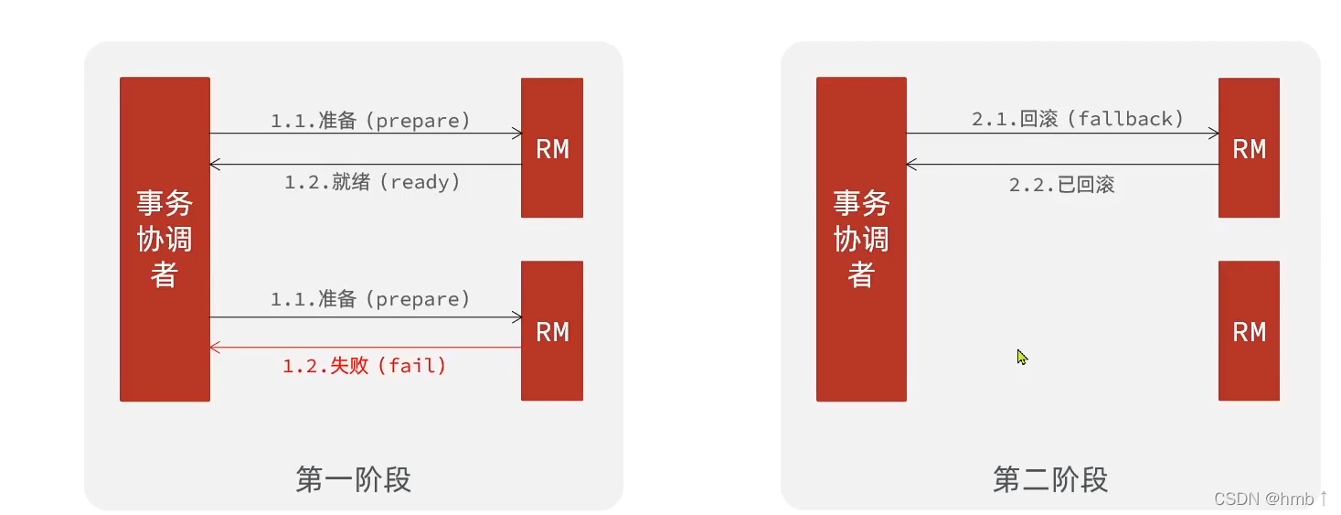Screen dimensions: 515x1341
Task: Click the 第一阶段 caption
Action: point(353,479)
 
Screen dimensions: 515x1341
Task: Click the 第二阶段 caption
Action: point(1050,479)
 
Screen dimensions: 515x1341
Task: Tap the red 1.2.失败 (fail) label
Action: point(365,366)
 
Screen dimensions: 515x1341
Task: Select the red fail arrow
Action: point(366,348)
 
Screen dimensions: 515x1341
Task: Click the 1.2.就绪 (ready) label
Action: point(372,182)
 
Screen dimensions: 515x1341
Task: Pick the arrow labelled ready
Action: point(366,165)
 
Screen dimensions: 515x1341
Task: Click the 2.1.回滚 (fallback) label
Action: point(1078,119)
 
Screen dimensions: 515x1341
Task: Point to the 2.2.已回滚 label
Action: point(1061,185)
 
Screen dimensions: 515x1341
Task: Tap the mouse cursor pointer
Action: point(1022,357)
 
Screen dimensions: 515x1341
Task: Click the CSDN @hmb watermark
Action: point(1270,499)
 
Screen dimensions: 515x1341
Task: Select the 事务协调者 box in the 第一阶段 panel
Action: point(165,239)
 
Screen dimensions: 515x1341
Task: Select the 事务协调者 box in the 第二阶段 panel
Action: point(861,239)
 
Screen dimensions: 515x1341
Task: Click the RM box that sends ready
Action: point(552,148)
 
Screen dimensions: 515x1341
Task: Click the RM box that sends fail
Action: point(552,331)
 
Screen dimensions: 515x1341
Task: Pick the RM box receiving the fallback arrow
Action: point(1249,148)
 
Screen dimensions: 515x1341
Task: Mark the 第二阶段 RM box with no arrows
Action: point(1249,331)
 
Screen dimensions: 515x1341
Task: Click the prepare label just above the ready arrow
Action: point(370,120)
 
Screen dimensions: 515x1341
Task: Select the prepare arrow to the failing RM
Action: point(366,317)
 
